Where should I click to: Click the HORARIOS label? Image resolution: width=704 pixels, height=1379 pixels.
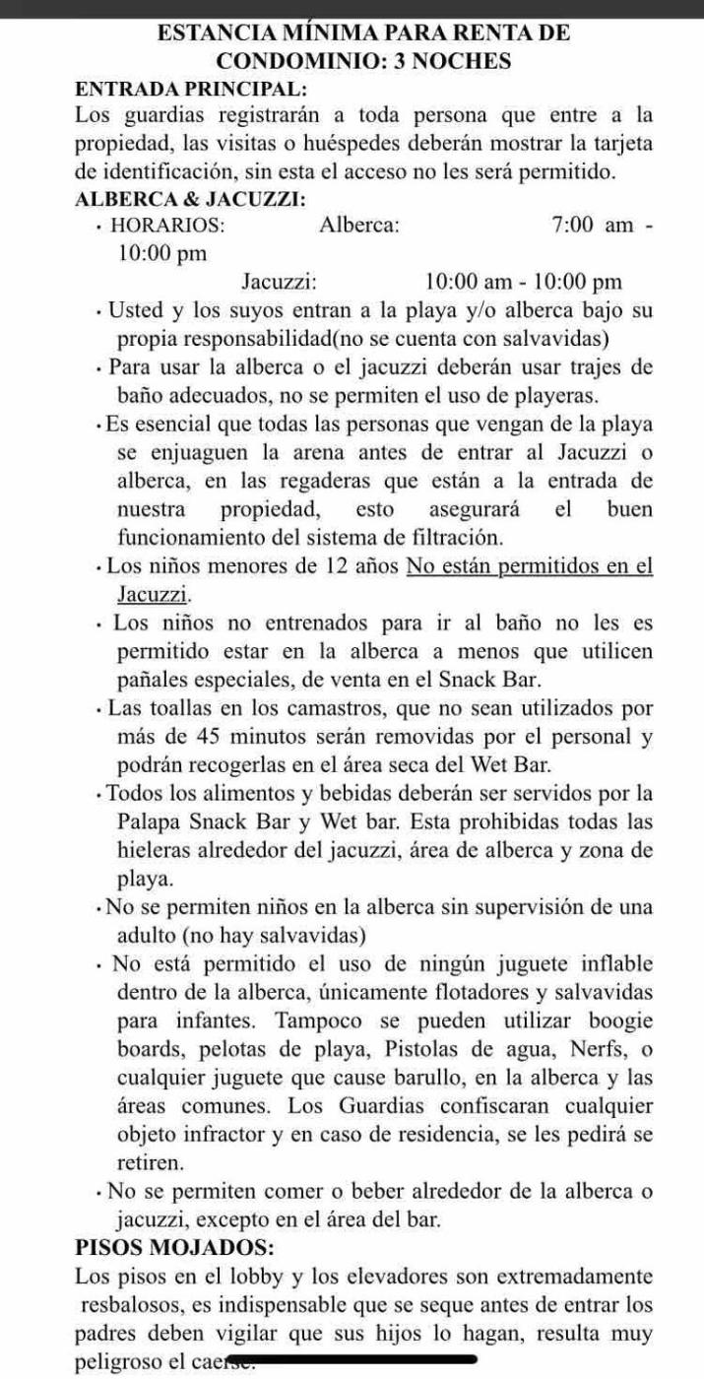pyautogui.click(x=167, y=225)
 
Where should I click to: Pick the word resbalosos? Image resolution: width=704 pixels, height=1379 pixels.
pyautogui.click(x=137, y=1305)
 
